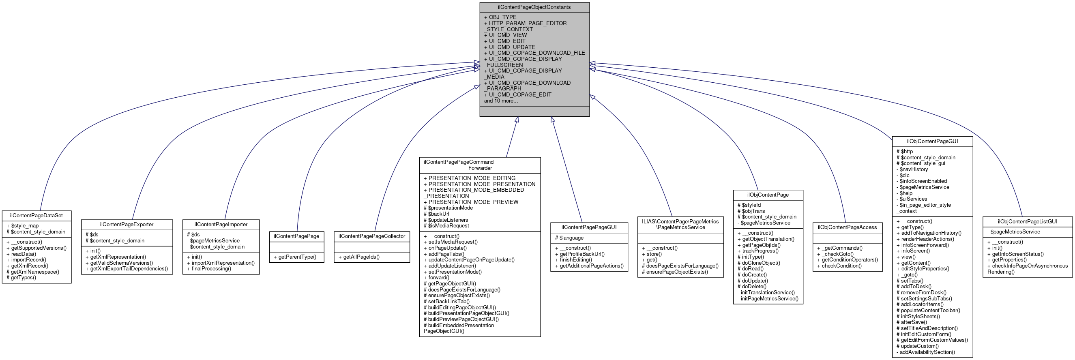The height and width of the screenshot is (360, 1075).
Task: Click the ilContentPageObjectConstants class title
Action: point(534,7)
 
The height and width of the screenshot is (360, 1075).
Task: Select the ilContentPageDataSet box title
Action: point(37,216)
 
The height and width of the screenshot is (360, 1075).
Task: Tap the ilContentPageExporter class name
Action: point(127,225)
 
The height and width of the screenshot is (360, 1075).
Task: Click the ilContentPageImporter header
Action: point(221,225)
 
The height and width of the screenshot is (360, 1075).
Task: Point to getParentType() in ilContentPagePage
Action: point(297,257)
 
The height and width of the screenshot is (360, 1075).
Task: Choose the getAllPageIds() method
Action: point(361,257)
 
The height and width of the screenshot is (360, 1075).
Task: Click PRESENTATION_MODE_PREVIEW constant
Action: point(473,202)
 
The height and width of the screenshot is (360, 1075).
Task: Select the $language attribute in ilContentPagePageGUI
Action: point(571,238)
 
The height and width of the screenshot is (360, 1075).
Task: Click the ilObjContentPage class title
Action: point(768,195)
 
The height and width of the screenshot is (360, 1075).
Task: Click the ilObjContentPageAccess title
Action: point(847,227)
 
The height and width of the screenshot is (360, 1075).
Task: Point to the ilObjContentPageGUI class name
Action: point(932,141)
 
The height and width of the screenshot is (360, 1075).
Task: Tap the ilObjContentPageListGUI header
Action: point(1027,221)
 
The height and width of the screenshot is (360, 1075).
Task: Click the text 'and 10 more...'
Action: point(501,101)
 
